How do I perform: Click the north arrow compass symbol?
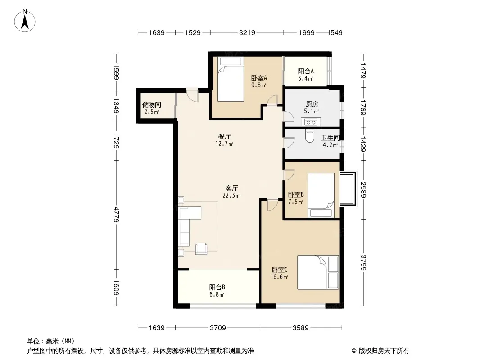[25, 21]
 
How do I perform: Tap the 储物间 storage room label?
[152, 104]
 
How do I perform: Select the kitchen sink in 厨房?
[311, 122]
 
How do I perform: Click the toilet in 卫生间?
[310, 136]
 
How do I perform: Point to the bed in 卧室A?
[231, 79]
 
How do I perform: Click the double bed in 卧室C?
[318, 272]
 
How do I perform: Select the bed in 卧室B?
[321, 195]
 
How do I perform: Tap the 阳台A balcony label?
[306, 71]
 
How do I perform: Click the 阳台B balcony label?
[217, 287]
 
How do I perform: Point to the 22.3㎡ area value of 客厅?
[231, 195]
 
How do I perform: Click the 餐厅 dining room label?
[224, 136]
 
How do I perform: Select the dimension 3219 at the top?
[247, 32]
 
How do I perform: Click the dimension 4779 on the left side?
[116, 214]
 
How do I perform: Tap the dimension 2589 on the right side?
[363, 189]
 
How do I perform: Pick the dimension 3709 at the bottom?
[217, 328]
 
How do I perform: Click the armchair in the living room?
[201, 248]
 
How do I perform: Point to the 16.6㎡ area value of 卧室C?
[279, 277]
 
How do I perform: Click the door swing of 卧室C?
[272, 205]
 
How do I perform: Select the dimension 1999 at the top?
[307, 32]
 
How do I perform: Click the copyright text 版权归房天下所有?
[384, 351]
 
